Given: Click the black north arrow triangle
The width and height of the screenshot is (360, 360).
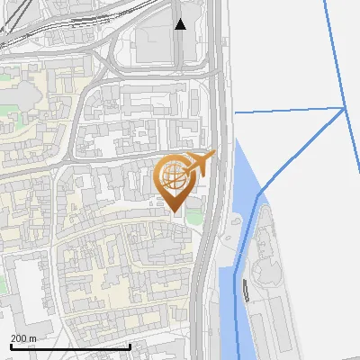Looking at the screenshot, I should point(181,23).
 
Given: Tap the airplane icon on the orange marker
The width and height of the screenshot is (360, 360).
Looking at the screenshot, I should point(201,163).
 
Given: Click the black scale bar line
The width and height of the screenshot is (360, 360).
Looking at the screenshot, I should point(70,346).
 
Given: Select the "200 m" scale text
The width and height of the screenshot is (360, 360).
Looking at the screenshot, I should point(24,338).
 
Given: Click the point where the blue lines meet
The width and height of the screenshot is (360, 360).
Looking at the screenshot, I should point(345,108).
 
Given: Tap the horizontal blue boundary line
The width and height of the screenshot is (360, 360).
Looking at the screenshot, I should point(288,111).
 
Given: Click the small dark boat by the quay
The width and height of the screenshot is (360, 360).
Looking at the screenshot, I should point(245,290).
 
